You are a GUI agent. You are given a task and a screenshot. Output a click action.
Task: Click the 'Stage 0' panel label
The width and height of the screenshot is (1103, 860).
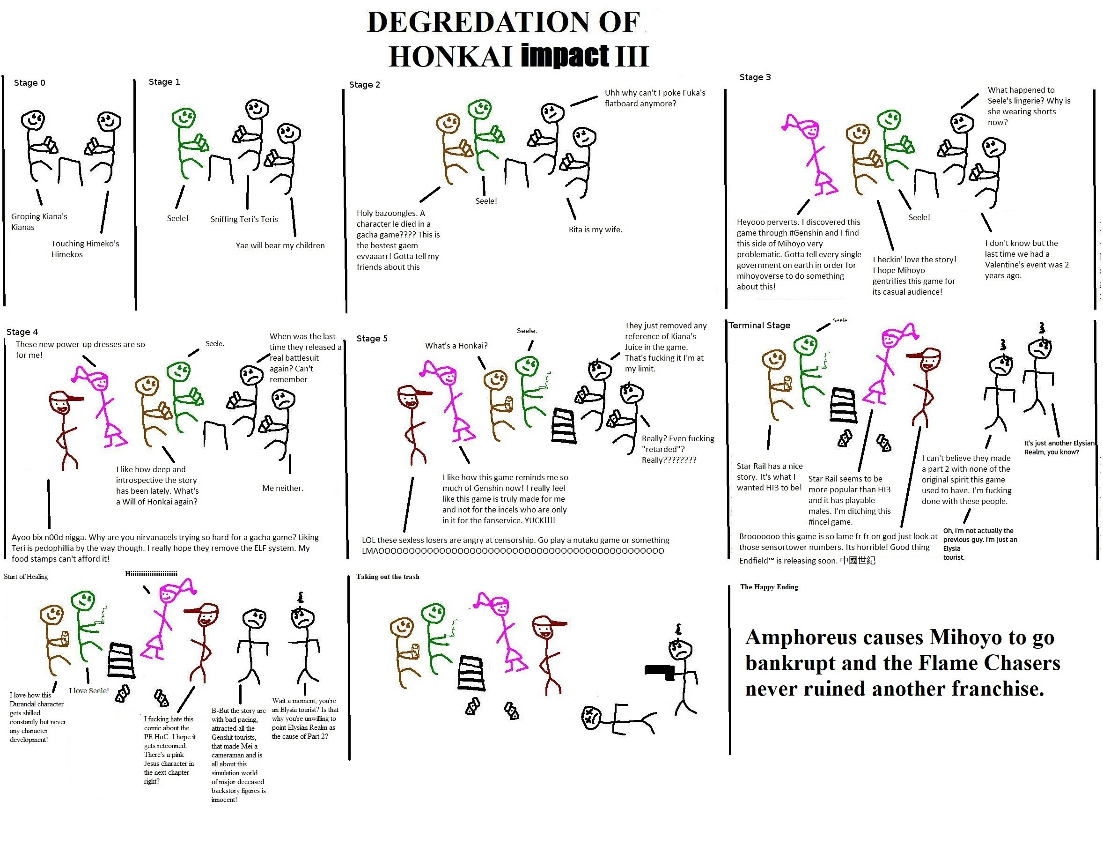pos(29,83)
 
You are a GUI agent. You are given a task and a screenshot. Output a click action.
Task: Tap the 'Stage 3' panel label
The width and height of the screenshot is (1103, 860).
pos(755,77)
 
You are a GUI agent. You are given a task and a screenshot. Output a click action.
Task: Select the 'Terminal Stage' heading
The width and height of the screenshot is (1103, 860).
pos(759,326)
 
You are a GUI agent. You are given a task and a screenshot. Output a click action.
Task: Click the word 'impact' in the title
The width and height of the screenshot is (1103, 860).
pos(565,55)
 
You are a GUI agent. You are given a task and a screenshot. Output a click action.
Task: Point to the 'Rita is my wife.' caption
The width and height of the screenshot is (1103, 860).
pos(596,230)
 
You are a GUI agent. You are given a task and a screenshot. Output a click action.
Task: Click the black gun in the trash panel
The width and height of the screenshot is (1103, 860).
pos(660,673)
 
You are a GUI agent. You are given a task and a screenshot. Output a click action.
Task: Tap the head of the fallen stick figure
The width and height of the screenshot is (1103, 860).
pos(591,718)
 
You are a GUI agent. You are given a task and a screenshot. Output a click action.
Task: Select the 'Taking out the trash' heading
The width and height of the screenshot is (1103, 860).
pos(388,577)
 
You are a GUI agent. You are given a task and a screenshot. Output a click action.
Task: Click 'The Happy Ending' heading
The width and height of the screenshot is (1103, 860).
pos(769,586)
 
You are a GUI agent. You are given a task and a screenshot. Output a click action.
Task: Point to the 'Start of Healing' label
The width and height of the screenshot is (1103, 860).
pos(26,577)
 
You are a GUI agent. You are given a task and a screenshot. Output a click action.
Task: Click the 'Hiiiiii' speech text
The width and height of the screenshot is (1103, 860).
pos(152,573)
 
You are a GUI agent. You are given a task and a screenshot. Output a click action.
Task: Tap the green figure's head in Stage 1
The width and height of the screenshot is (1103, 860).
pos(184,118)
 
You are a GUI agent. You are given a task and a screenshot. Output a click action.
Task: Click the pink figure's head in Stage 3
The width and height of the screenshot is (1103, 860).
pos(810,130)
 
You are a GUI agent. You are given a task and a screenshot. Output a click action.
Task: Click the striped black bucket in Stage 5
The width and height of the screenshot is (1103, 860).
pos(564,426)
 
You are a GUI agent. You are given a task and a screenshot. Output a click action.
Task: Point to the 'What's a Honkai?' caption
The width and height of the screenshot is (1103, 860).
pos(456,346)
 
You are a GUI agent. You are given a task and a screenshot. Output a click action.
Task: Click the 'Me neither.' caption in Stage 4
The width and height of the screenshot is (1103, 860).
pos(283,488)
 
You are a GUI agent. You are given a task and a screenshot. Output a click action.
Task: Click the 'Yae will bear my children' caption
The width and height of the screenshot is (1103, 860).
pos(280,245)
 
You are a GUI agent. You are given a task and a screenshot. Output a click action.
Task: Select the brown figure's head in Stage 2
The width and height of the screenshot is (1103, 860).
pos(448,125)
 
